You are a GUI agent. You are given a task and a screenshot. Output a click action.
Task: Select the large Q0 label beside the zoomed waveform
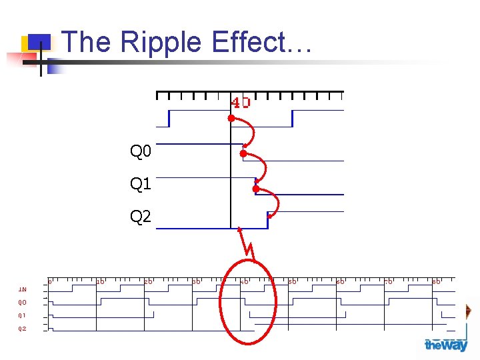tap(141, 153)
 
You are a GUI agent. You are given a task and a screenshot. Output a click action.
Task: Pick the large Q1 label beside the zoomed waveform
tap(141, 184)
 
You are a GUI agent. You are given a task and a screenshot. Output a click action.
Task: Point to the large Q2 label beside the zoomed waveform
tap(141, 216)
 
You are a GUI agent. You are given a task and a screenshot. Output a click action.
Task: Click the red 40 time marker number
tap(241, 103)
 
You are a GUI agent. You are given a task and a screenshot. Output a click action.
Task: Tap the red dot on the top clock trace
tap(231, 118)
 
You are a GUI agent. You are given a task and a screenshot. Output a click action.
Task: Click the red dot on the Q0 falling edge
tap(243, 154)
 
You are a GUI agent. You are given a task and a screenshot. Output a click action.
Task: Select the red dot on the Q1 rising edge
tap(256, 189)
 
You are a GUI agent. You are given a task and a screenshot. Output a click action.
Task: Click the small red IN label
tap(22, 289)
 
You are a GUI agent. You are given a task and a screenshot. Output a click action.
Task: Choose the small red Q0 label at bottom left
tap(22, 302)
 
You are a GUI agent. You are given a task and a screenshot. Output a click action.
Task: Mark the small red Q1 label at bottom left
tap(22, 315)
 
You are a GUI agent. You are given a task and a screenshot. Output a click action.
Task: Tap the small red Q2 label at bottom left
tap(22, 328)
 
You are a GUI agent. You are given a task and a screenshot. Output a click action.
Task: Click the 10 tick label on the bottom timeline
tap(100, 282)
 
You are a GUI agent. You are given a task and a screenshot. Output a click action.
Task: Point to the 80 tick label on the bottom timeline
tap(437, 282)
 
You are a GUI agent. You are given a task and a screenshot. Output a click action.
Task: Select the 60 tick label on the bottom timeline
tap(341, 282)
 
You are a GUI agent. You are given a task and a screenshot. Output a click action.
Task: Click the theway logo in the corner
tap(446, 345)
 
